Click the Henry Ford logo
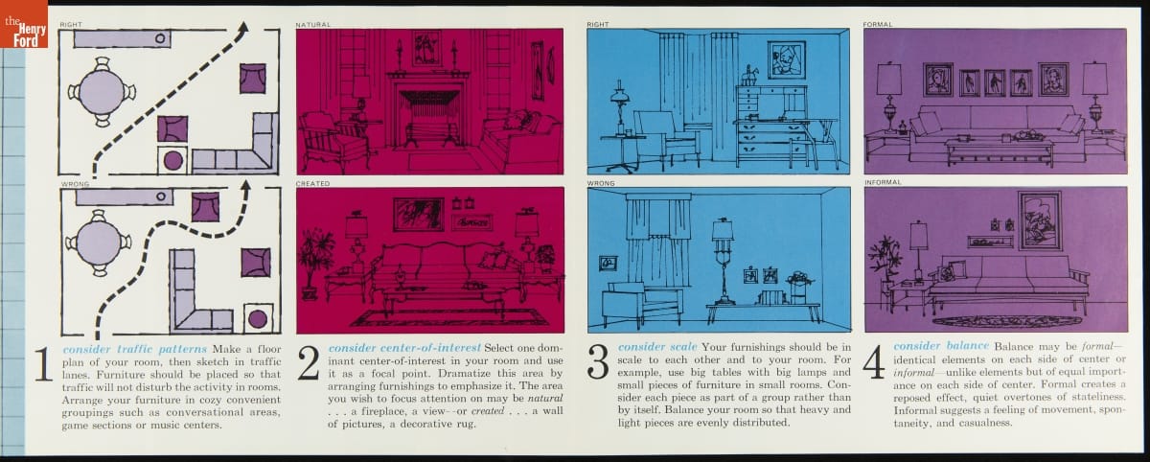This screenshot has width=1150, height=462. tap(24, 24)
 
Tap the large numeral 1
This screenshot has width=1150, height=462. tap(44, 364)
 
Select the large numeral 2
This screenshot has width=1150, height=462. tap(308, 363)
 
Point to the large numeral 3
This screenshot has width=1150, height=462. tap(598, 362)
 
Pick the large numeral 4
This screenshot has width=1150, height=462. tap(874, 362)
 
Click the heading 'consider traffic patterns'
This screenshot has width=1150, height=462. tap(134, 350)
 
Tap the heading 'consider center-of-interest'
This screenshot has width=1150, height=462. tap(404, 348)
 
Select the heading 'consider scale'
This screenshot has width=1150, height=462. tap(657, 347)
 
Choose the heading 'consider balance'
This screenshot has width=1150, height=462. tap(941, 346)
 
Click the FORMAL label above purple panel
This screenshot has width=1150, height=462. tap(878, 25)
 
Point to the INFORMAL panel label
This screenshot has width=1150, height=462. tap(883, 182)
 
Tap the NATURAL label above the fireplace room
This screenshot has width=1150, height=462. tap(312, 25)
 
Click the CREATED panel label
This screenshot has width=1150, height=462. tap(312, 183)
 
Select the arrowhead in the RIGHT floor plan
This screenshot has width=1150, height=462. tap(243, 28)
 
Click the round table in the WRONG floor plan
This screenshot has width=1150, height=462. tap(98, 243)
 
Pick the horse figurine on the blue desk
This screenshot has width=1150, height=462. tap(749, 76)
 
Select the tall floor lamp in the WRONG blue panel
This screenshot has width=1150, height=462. tap(723, 261)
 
